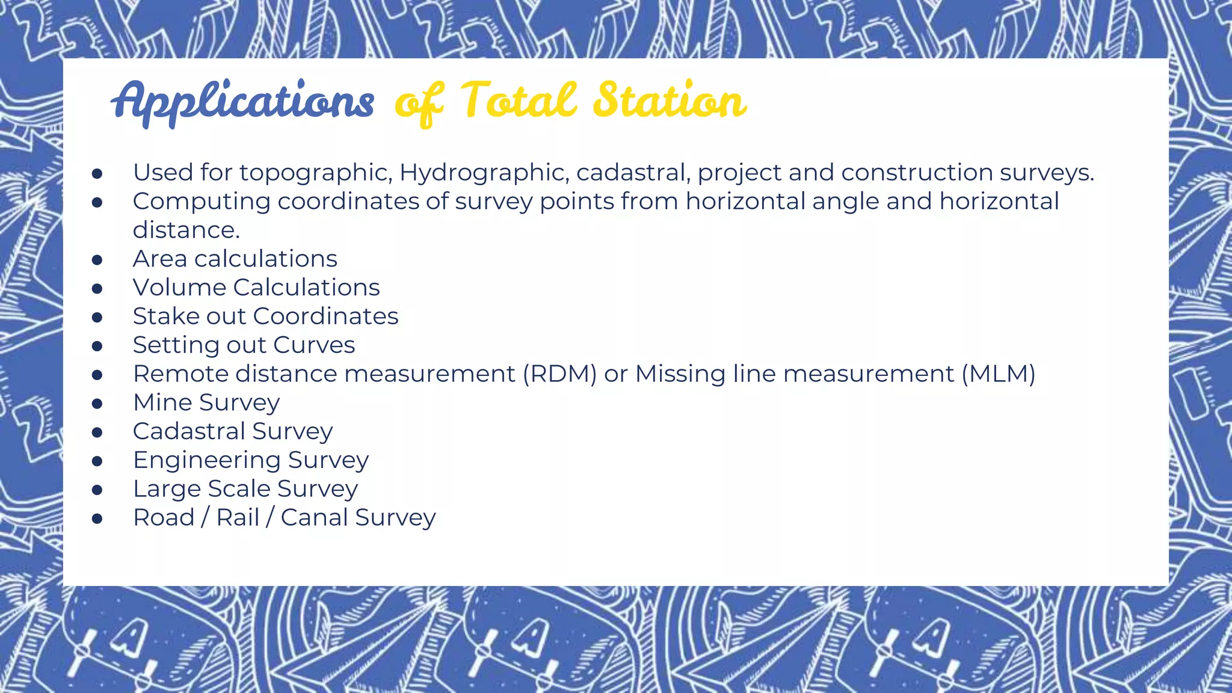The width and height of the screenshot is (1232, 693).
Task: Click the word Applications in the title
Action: (x=242, y=101)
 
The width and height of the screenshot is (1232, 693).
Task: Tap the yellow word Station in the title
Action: (x=670, y=100)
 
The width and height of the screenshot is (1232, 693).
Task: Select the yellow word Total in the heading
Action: (x=519, y=100)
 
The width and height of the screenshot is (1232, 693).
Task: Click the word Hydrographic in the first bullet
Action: (x=484, y=173)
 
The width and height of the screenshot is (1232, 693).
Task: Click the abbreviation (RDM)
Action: (x=559, y=374)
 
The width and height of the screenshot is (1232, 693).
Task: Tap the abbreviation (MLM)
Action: (x=998, y=374)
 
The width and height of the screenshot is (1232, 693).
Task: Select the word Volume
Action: (x=179, y=288)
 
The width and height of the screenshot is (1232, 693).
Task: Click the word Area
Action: (x=159, y=259)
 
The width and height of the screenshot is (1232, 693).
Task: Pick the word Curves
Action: (x=314, y=345)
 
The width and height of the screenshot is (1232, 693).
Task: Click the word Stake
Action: (x=165, y=316)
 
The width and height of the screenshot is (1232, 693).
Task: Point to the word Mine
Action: (x=162, y=402)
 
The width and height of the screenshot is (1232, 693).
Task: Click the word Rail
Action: (x=238, y=517)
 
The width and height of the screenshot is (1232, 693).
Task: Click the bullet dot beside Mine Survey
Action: (x=97, y=404)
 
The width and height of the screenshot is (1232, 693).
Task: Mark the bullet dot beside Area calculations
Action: (x=97, y=260)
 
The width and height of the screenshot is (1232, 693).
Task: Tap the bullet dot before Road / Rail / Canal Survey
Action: (x=97, y=519)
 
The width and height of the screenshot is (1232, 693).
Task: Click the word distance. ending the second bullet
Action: (x=186, y=230)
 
